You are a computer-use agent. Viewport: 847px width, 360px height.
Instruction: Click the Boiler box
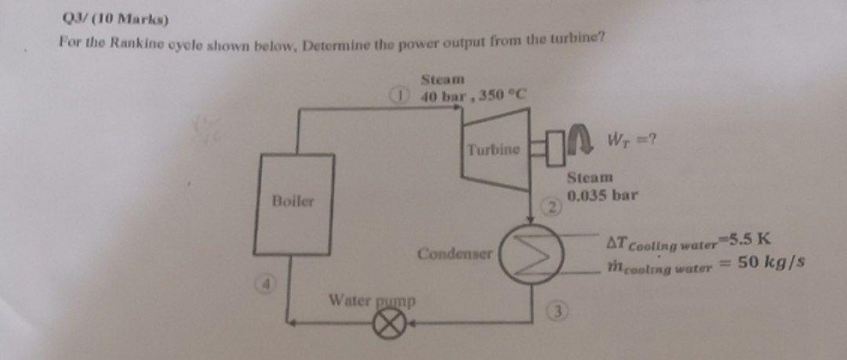tap(294, 205)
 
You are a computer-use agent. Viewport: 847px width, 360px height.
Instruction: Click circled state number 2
tap(553, 208)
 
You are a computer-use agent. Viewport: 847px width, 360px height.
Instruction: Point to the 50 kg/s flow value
tap(772, 262)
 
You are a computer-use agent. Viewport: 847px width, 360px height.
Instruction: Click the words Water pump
tap(372, 300)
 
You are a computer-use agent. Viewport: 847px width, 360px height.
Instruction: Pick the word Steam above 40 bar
tap(443, 79)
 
